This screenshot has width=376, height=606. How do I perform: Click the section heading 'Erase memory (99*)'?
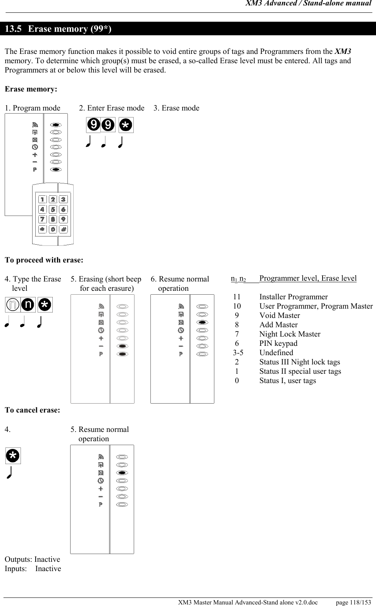(x=70, y=29)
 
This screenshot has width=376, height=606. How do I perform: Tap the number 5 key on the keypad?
(x=53, y=209)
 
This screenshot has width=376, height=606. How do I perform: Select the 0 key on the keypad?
(x=53, y=229)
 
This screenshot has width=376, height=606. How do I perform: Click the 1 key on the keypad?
(x=43, y=199)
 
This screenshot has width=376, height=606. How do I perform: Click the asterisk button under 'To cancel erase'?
(x=13, y=456)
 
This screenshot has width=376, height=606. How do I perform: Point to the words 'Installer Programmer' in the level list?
(x=293, y=297)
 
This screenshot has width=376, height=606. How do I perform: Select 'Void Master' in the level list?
(x=279, y=316)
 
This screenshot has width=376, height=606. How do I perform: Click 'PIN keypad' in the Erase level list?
(x=278, y=344)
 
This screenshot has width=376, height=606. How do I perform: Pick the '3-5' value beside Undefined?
(x=238, y=353)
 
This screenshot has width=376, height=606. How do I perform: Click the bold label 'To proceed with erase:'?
(x=44, y=260)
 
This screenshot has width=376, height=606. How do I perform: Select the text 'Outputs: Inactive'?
(x=32, y=559)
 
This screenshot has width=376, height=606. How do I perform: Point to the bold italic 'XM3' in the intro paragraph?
(x=343, y=52)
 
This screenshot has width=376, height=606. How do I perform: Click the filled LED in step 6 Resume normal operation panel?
(x=202, y=323)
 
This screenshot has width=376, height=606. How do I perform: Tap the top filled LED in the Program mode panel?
(x=56, y=125)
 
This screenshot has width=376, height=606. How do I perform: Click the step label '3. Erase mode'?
(x=176, y=108)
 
